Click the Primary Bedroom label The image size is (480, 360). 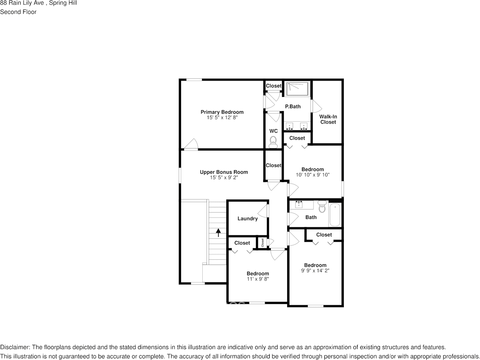pos(222,112)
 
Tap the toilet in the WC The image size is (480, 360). pos(273,143)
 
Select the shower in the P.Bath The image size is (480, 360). pos(297,89)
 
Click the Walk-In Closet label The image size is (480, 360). pos(328,119)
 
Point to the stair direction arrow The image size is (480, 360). pos(218,232)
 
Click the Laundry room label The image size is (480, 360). pos(247,219)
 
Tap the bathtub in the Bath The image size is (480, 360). pos(335,215)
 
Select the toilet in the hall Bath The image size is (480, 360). pos(322,207)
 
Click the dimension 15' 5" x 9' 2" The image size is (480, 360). pos(224,178)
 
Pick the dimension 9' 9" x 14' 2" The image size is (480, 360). pos(315,271)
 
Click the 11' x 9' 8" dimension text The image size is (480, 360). pos(257,279)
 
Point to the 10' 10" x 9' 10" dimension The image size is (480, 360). pos(312,175)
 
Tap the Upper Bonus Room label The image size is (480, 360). pos(224,172)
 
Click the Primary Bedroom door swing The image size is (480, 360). pos(192,144)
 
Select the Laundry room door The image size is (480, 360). pos(264,211)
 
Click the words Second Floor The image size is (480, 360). pos(18,12)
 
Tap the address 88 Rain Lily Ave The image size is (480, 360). pos(22,3)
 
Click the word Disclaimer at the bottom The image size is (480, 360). pos(15,347)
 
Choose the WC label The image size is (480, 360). pos(273,131)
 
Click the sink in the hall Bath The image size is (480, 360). pos(299,205)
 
